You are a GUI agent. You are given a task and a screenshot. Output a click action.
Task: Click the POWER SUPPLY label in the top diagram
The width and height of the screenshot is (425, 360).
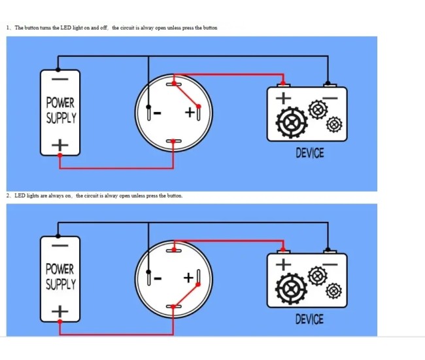(61, 111)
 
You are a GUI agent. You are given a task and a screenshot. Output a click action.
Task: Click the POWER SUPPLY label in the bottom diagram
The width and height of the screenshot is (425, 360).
(61, 277)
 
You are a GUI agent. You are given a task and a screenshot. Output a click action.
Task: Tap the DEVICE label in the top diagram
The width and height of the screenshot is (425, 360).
(309, 153)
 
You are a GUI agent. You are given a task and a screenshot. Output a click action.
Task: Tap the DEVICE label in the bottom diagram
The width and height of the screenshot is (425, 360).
(309, 319)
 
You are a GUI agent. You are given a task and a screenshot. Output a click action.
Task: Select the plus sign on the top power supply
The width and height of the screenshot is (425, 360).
(60, 143)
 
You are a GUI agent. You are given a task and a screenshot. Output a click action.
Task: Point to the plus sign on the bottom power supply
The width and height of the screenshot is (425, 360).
(60, 310)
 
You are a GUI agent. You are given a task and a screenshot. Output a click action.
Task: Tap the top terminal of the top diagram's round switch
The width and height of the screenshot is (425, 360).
(174, 83)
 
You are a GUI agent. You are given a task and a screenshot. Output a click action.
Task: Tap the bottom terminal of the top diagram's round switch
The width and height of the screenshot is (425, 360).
(174, 141)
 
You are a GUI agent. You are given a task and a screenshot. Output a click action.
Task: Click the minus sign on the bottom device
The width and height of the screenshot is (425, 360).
(331, 263)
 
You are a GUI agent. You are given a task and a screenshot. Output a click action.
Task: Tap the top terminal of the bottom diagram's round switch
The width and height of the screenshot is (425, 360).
(174, 249)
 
